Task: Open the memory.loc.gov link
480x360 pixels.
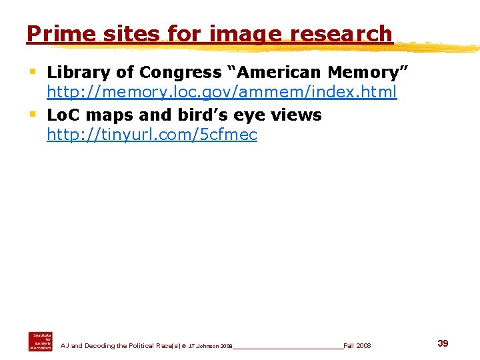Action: pos(221,92)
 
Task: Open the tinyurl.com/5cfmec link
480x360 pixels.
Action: pos(151,135)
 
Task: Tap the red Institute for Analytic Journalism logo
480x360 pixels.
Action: pos(40,341)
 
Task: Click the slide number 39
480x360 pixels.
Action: pos(443,343)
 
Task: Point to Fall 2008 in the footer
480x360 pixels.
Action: pos(357,345)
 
